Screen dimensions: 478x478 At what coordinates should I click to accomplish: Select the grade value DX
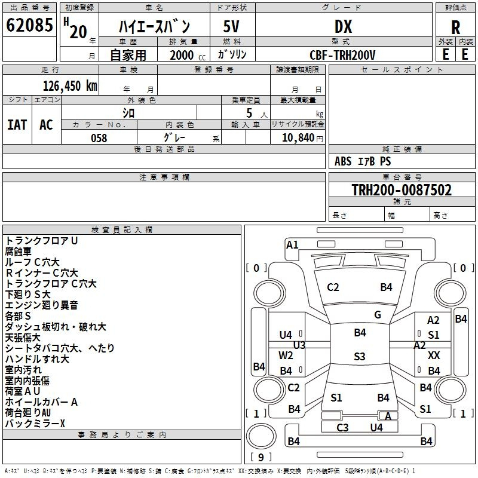point(343,27)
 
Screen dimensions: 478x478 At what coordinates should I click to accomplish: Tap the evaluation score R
point(456,27)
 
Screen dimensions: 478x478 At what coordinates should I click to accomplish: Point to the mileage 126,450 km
point(70,85)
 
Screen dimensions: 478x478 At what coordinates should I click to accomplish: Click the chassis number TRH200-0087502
point(401,190)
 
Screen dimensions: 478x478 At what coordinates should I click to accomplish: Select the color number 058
point(99,138)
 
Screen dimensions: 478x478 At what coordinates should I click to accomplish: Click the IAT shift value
point(17,124)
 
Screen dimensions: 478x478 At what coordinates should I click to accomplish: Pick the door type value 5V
point(232,27)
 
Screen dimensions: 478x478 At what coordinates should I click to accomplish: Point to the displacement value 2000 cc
point(182,55)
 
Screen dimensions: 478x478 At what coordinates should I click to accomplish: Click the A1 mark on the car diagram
point(292,244)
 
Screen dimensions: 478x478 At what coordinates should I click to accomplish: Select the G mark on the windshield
point(378,315)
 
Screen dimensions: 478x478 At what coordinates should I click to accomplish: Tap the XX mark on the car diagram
point(434,356)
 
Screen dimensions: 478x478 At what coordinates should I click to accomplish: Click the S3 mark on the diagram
point(359,357)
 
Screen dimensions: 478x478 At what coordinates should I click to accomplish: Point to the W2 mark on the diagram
point(286,355)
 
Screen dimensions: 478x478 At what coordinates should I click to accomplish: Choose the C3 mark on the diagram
point(342,427)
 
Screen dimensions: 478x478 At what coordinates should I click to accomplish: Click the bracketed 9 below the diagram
point(261,458)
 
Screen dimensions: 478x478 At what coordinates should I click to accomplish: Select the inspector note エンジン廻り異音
point(41,305)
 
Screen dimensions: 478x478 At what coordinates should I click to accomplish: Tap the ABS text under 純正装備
point(343,161)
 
